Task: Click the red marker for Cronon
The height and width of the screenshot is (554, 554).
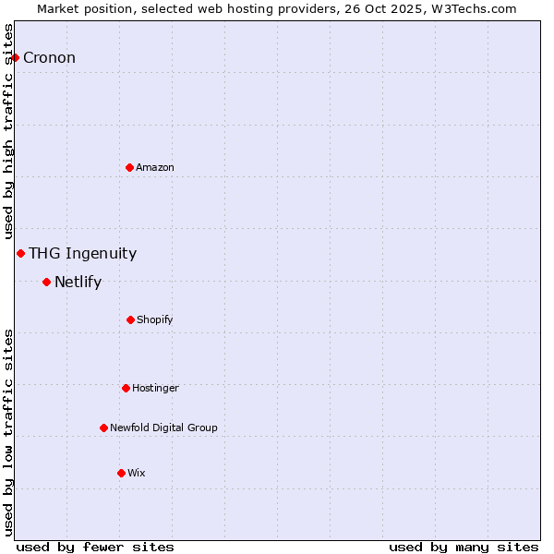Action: pyautogui.click(x=15, y=57)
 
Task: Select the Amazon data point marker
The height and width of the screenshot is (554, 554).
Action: pyautogui.click(x=129, y=167)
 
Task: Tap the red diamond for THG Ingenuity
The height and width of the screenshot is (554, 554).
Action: pyautogui.click(x=20, y=253)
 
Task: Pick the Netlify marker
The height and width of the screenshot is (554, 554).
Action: pyautogui.click(x=46, y=282)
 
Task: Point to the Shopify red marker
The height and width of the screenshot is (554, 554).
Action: pyautogui.click(x=130, y=319)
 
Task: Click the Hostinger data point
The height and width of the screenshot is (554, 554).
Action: pyautogui.click(x=126, y=388)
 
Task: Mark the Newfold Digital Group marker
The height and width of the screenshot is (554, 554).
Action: pyautogui.click(x=103, y=428)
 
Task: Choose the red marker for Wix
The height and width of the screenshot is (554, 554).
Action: pyautogui.click(x=121, y=473)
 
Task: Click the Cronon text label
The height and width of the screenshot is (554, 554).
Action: pyautogui.click(x=49, y=57)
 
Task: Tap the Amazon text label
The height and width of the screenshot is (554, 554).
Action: pyautogui.click(x=155, y=167)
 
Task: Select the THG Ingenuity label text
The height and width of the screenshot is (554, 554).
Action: pyautogui.click(x=82, y=253)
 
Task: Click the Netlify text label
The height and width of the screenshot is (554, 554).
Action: pyautogui.click(x=78, y=282)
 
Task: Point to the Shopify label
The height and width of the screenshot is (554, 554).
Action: pyautogui.click(x=155, y=319)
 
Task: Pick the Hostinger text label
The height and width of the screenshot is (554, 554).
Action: pyautogui.click(x=155, y=388)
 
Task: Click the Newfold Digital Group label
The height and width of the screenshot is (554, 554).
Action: pyautogui.click(x=163, y=428)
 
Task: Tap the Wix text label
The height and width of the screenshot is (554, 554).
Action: pyautogui.click(x=137, y=473)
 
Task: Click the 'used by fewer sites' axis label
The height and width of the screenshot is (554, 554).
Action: pyautogui.click(x=95, y=547)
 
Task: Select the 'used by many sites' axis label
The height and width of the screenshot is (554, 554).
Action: pyautogui.click(x=464, y=547)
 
